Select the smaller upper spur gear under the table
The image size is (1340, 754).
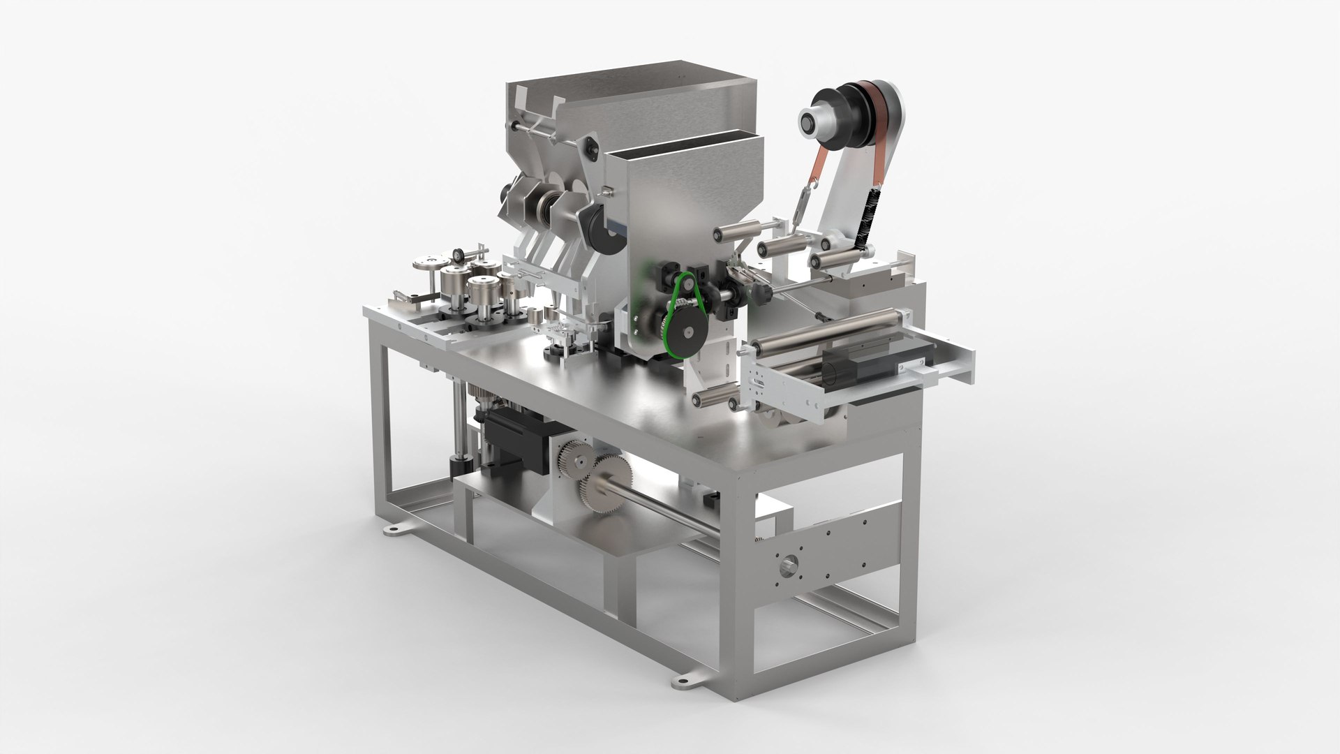coord(574,461)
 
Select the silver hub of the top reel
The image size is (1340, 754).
coord(812,123)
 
